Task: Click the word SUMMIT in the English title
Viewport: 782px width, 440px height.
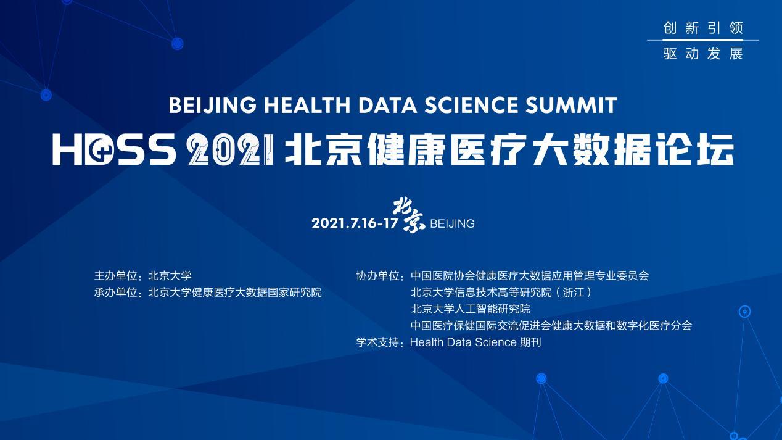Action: pyautogui.click(x=571, y=105)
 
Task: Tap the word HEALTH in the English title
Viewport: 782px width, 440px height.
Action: pyautogui.click(x=307, y=105)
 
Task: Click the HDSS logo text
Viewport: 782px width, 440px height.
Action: pyautogui.click(x=114, y=150)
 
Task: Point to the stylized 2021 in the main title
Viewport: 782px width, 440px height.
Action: pyautogui.click(x=231, y=150)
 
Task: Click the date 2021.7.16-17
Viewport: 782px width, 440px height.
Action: pyautogui.click(x=355, y=223)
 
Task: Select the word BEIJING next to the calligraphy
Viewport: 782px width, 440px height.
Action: pyautogui.click(x=452, y=223)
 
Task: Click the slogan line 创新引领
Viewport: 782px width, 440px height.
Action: pyautogui.click(x=703, y=28)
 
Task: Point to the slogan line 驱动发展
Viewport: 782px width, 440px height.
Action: pyautogui.click(x=703, y=54)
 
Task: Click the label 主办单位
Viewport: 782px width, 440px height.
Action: pyautogui.click(x=115, y=275)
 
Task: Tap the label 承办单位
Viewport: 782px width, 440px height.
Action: pyautogui.click(x=115, y=292)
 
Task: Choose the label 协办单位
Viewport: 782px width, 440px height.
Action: pyautogui.click(x=377, y=275)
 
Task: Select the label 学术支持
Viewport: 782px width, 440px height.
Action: pyautogui.click(x=377, y=342)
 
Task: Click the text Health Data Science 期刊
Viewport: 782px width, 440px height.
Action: pyautogui.click(x=475, y=342)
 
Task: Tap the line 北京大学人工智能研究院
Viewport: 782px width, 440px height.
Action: pyautogui.click(x=470, y=309)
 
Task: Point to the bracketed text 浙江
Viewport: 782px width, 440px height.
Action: pyautogui.click(x=574, y=292)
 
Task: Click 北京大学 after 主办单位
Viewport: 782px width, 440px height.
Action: pyautogui.click(x=170, y=275)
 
